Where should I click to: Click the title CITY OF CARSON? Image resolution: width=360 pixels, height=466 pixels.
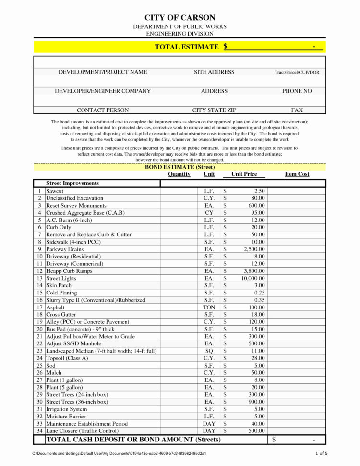(x=180, y=18)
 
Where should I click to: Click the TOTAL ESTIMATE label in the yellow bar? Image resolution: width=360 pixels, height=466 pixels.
(x=186, y=47)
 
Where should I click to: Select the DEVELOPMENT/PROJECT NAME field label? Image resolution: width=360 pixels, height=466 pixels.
(x=103, y=72)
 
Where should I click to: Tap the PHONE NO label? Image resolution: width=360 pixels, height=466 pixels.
(x=297, y=91)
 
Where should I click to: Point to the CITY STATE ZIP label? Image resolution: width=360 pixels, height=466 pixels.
(x=214, y=110)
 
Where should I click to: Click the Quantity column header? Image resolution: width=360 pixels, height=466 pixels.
(x=179, y=174)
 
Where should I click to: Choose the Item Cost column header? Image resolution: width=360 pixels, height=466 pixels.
(x=297, y=174)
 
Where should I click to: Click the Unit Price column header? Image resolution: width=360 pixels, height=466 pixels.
(x=244, y=174)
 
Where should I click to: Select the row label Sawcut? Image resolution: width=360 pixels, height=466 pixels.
(x=55, y=191)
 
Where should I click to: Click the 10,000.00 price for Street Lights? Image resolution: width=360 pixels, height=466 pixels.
(x=253, y=278)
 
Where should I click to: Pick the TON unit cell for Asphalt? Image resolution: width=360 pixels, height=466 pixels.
(x=209, y=307)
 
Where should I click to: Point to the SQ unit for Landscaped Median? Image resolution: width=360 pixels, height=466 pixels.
(x=209, y=351)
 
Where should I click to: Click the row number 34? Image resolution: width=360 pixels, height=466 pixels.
(x=39, y=431)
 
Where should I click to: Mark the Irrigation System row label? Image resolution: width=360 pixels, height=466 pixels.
(x=67, y=409)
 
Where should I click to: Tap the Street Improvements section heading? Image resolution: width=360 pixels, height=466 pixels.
(x=72, y=183)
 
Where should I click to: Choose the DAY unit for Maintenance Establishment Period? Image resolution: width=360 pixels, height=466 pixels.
(x=209, y=424)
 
